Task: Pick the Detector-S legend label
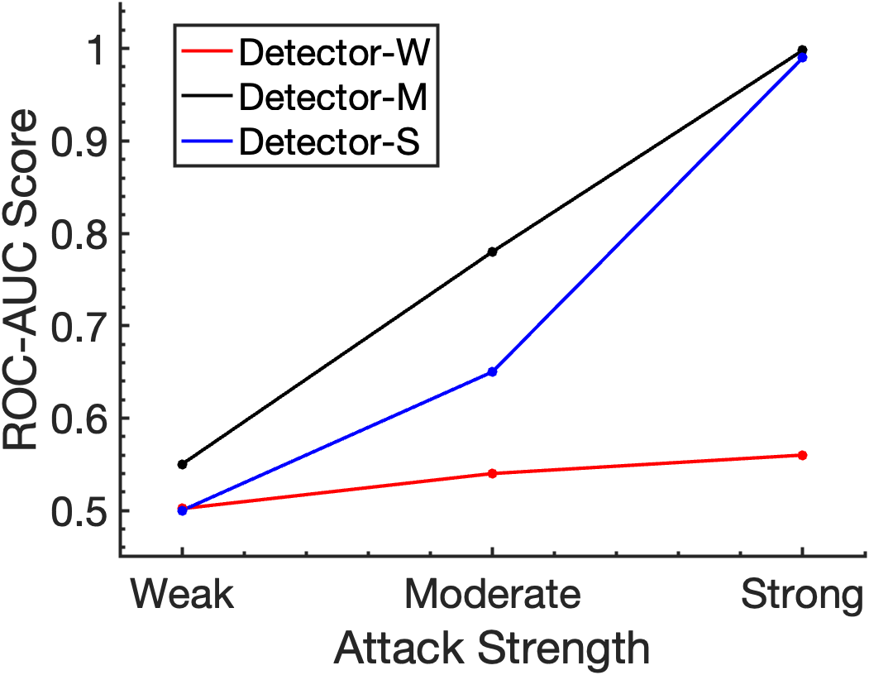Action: click(x=330, y=141)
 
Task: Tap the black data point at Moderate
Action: click(x=493, y=251)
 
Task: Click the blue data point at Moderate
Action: click(x=493, y=372)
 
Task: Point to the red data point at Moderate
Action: click(x=493, y=473)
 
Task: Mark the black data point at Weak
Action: click(x=183, y=464)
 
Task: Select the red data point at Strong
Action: click(x=802, y=455)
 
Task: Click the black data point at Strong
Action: click(x=802, y=50)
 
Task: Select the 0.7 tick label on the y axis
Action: click(x=78, y=326)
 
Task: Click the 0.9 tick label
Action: click(x=78, y=141)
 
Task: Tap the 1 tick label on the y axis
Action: click(x=95, y=50)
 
